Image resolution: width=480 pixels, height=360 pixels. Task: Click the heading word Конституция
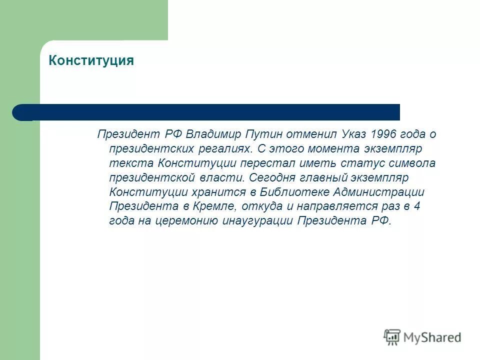tap(91, 61)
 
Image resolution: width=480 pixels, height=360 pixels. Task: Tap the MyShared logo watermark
tap(422, 337)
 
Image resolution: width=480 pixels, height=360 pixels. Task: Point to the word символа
tap(409, 163)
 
